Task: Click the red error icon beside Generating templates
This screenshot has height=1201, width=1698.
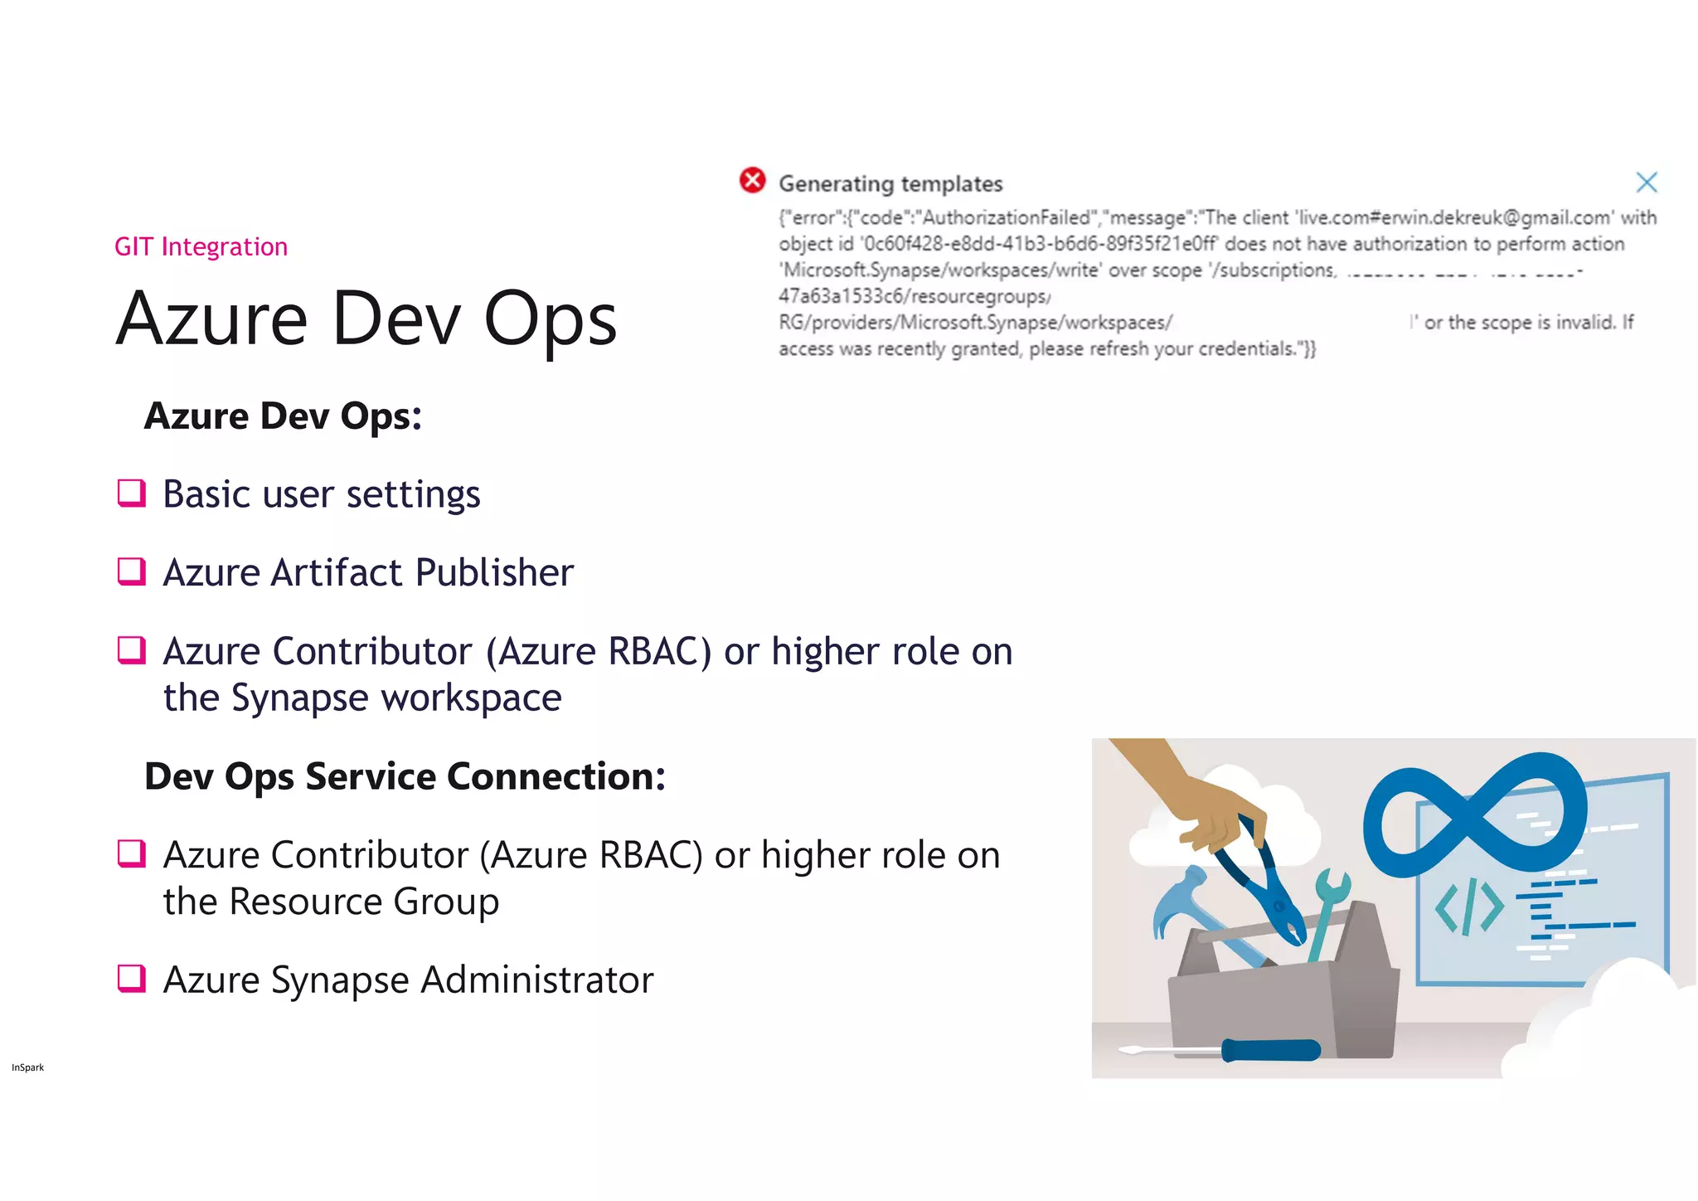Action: (x=752, y=180)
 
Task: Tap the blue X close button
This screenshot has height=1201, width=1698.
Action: (x=1646, y=182)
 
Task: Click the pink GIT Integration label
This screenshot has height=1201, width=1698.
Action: (x=201, y=246)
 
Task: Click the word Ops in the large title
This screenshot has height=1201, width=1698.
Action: (x=550, y=319)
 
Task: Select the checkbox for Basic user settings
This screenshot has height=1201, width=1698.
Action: (x=132, y=493)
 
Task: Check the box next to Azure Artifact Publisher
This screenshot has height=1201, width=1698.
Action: (x=132, y=571)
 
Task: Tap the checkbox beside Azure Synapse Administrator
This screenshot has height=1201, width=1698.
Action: (x=132, y=979)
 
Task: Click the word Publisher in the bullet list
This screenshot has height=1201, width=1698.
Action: (x=494, y=572)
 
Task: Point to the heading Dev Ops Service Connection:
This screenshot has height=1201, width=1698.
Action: (x=405, y=776)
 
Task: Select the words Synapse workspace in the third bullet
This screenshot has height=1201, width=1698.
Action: (x=396, y=698)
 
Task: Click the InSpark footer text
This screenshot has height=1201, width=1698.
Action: (x=27, y=1067)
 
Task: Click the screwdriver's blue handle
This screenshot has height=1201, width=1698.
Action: (x=1271, y=1050)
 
